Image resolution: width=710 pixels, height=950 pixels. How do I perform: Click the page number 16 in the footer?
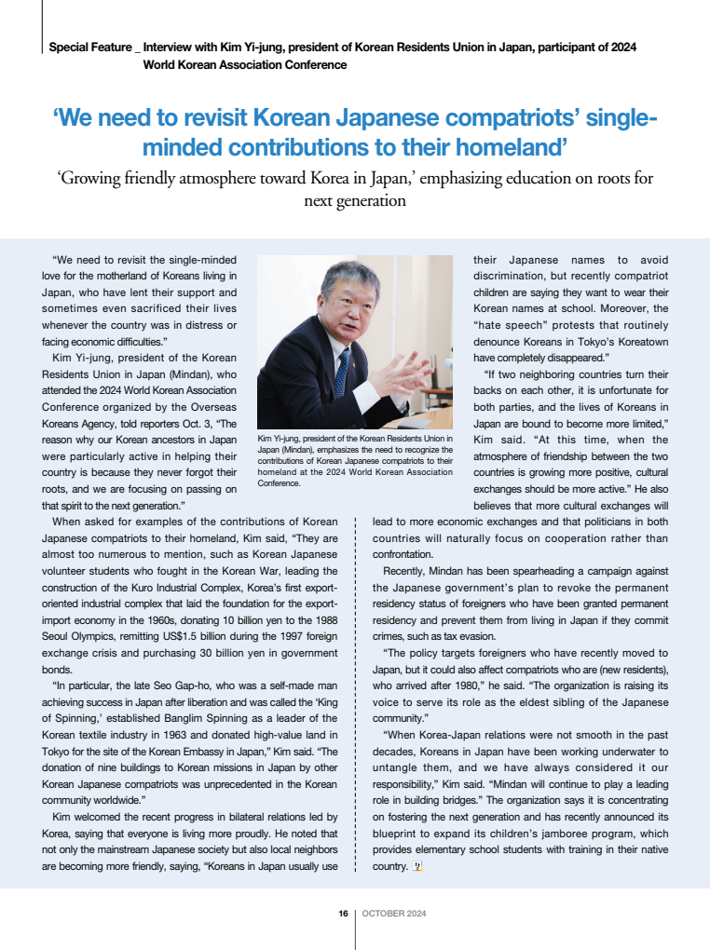point(344,914)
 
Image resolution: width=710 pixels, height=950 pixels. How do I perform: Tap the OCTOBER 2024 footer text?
point(394,914)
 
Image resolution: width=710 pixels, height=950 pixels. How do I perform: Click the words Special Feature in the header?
point(89,47)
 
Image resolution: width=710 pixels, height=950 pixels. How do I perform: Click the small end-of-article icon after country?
point(417,865)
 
